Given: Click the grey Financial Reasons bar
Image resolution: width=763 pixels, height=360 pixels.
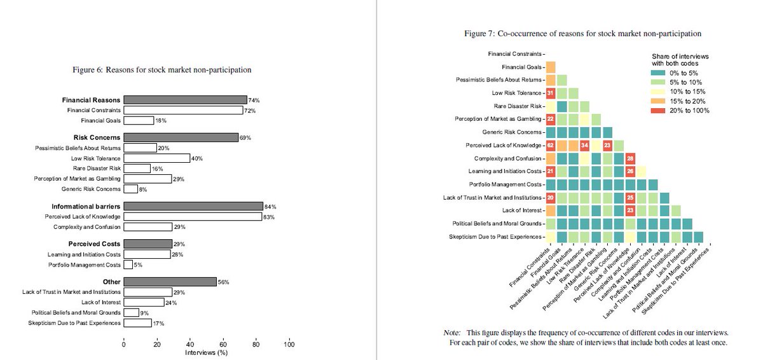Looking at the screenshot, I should click(185, 100).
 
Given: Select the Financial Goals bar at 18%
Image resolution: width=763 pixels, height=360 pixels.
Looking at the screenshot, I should click(139, 120).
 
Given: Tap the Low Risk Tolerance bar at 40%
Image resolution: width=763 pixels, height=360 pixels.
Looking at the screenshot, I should click(157, 158).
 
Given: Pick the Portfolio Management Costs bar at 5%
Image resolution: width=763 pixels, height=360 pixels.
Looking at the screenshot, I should click(128, 265).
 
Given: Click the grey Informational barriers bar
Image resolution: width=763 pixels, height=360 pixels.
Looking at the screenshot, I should click(193, 206).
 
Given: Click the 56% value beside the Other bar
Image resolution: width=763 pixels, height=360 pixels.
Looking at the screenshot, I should click(223, 282).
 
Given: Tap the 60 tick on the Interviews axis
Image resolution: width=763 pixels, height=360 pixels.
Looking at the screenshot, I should click(223, 345).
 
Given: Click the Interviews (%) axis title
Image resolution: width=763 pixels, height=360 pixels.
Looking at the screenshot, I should click(206, 352).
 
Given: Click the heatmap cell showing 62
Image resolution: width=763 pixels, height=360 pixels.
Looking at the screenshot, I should click(551, 145).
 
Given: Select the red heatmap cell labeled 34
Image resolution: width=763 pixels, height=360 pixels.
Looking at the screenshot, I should click(584, 145).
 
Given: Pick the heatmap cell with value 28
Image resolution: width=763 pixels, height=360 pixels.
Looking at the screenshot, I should click(629, 158).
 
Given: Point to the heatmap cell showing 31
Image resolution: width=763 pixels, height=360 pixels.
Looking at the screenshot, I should click(551, 93).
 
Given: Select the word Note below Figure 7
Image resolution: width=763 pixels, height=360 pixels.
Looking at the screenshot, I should click(451, 333).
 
